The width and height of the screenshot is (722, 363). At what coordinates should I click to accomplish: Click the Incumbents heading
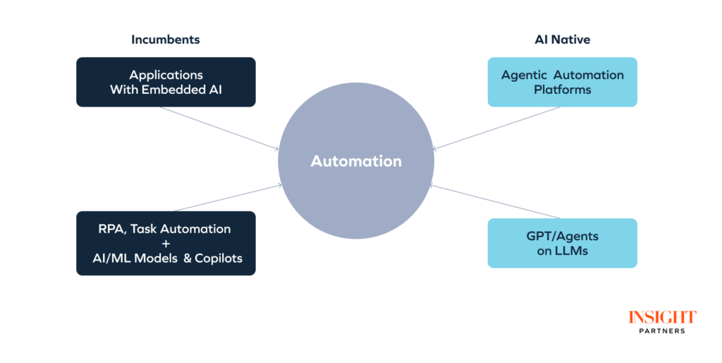click(166, 40)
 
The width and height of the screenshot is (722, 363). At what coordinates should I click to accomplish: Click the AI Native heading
click(562, 40)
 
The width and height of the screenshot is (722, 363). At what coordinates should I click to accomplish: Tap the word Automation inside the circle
click(356, 161)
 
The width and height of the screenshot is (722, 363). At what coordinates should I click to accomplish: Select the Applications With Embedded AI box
click(166, 82)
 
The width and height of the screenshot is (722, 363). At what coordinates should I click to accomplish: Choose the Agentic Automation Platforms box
click(562, 82)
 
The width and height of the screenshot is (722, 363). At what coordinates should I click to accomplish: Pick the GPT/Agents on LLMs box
click(562, 243)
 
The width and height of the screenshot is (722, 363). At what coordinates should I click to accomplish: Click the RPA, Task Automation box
click(166, 243)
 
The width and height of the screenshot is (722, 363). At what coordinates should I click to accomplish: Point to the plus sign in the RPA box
click(166, 244)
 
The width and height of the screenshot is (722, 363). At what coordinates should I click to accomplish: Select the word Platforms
click(562, 90)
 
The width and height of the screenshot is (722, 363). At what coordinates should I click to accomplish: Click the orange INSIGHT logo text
click(662, 317)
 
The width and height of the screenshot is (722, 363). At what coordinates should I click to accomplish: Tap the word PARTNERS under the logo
click(662, 331)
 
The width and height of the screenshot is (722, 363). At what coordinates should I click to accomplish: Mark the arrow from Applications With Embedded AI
click(219, 128)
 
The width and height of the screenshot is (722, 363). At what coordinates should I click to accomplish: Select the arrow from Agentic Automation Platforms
click(497, 128)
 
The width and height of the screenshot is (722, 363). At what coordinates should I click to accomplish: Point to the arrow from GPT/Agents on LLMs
click(497, 202)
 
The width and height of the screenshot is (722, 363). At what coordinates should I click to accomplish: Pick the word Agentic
click(524, 75)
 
